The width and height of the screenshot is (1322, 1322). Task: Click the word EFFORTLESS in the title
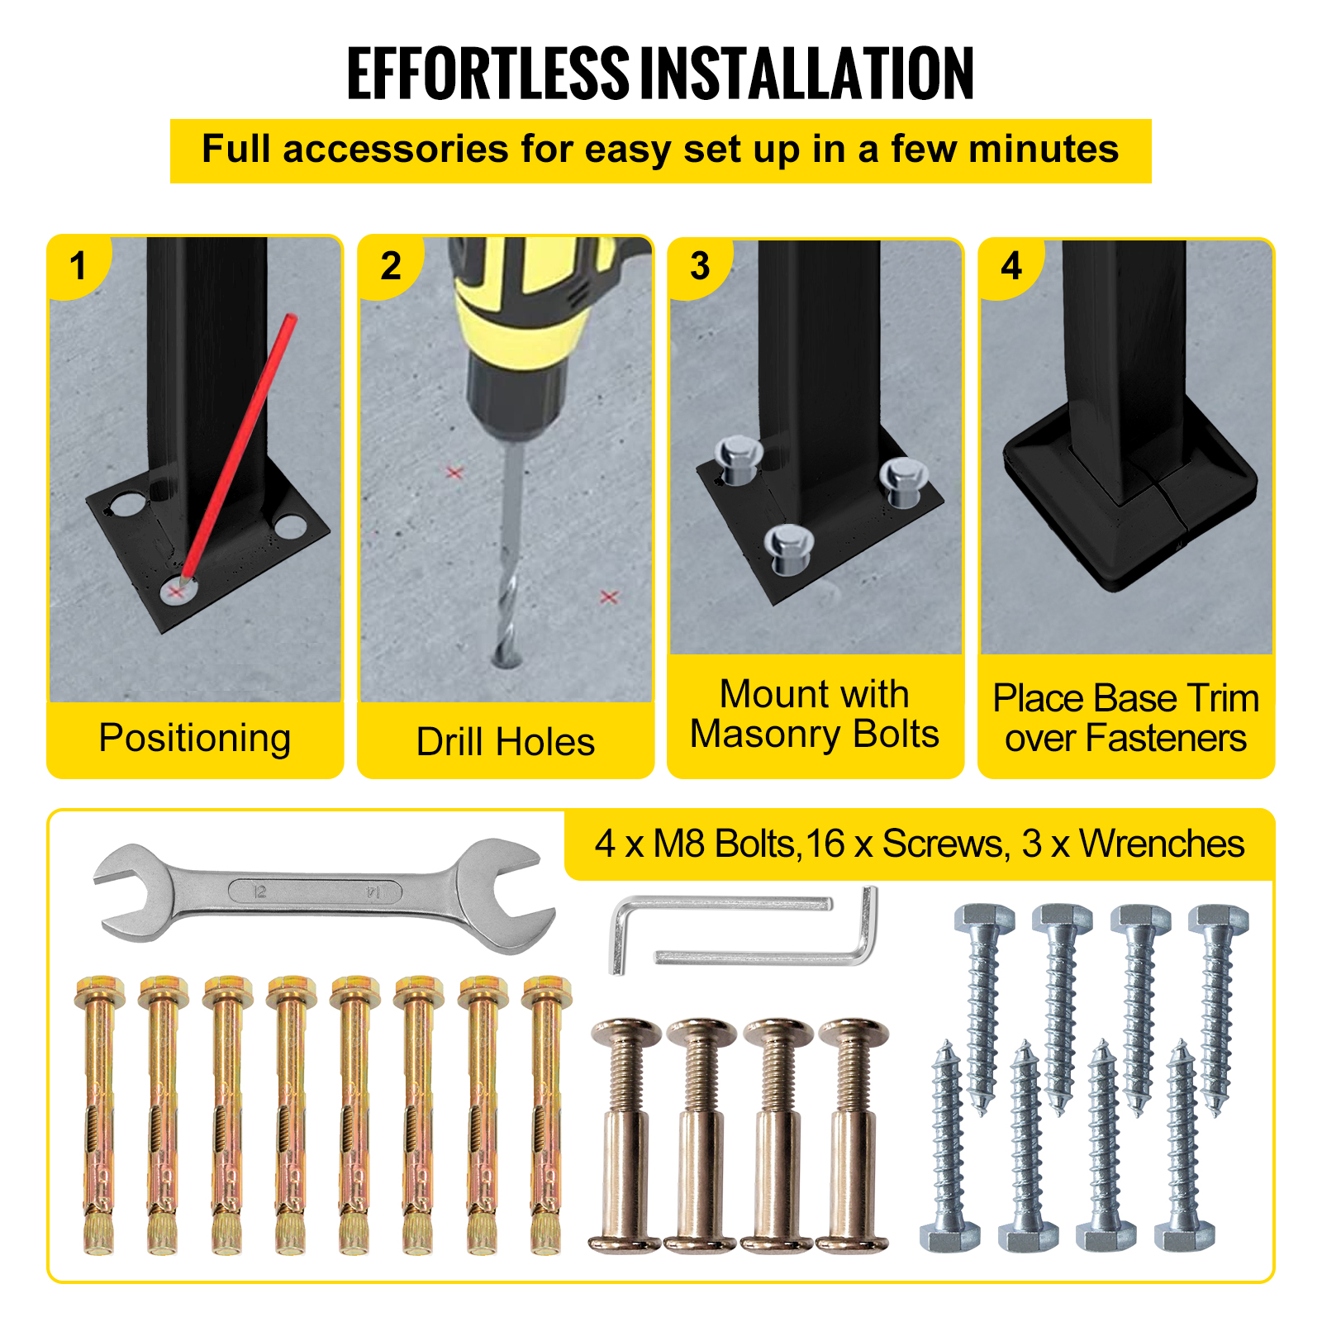(488, 74)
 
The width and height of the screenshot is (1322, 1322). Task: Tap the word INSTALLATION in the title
(808, 74)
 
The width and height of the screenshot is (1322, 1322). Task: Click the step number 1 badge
(78, 266)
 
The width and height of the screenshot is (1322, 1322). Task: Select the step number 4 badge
(1011, 266)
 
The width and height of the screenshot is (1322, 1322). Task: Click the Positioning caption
(195, 737)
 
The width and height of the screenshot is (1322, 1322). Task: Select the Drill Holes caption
(506, 741)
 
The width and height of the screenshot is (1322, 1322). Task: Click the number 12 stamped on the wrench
(259, 892)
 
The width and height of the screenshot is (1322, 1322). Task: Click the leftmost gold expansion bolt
(99, 1115)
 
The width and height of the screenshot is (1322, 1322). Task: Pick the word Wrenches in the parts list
(1162, 844)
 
